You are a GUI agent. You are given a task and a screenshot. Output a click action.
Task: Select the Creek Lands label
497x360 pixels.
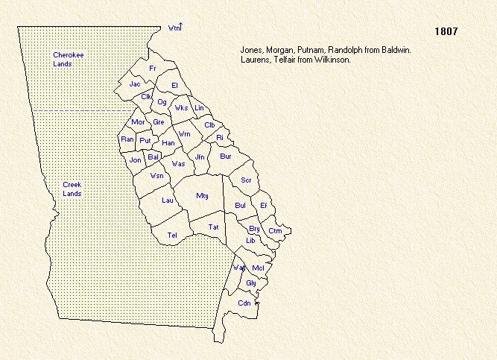[x=72, y=189]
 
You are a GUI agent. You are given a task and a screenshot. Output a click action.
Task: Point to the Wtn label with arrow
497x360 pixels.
[x=175, y=28]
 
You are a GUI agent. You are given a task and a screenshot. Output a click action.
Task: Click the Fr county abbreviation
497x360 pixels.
[x=153, y=68]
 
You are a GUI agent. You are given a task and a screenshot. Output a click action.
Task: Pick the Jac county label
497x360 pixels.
[x=135, y=84]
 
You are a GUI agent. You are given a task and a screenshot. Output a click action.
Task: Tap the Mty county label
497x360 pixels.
[x=202, y=195]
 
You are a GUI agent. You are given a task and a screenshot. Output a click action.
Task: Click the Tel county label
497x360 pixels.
[x=172, y=236]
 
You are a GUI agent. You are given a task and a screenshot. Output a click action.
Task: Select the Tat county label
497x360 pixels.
[x=213, y=227]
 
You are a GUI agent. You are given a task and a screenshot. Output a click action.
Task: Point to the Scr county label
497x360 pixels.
[x=246, y=180]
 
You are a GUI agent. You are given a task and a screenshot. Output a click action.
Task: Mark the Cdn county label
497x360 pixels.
[x=244, y=303]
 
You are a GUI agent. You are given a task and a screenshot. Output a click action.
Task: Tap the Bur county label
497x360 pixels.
[x=226, y=157]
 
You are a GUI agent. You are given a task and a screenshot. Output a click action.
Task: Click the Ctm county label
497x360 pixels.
[x=275, y=231]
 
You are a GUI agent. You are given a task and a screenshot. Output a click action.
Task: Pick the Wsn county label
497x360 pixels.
[x=156, y=176]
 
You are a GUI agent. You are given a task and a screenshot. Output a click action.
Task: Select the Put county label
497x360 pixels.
[x=145, y=140]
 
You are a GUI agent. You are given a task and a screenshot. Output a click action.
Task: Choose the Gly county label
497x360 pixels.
[x=251, y=283]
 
